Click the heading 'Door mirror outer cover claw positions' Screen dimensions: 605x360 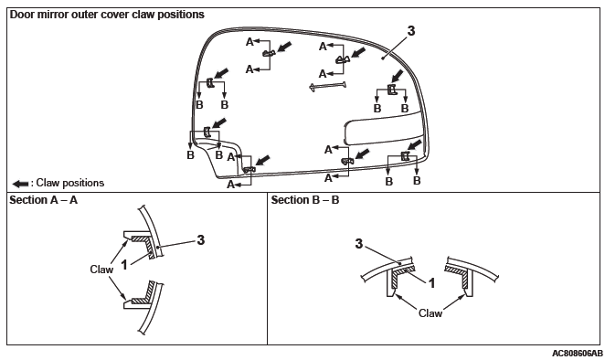(107, 15)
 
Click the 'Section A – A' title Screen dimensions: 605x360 (43, 200)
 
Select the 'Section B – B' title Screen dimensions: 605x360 (305, 200)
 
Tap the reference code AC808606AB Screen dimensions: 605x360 (577, 354)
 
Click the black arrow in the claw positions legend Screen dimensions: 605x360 (20, 184)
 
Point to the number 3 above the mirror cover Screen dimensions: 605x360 (411, 31)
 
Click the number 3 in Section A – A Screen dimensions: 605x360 (201, 240)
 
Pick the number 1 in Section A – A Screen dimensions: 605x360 (124, 265)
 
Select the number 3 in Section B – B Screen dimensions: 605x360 (359, 244)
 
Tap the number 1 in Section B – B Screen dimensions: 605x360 (432, 283)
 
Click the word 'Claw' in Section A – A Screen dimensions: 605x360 (101, 270)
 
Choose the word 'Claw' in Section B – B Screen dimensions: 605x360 (430, 312)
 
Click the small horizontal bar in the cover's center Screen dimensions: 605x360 (327, 86)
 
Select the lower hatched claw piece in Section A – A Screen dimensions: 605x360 (143, 292)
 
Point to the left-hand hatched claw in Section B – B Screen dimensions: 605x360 (401, 276)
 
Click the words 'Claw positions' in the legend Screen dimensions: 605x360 (69, 183)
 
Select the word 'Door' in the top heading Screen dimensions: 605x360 (22, 15)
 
